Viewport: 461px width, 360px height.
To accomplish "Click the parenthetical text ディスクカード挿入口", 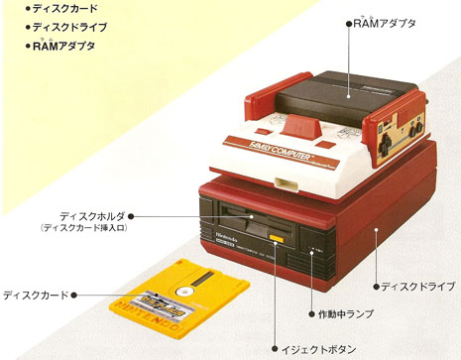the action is [85, 229].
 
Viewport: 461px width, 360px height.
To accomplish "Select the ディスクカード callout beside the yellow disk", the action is [35, 295].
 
